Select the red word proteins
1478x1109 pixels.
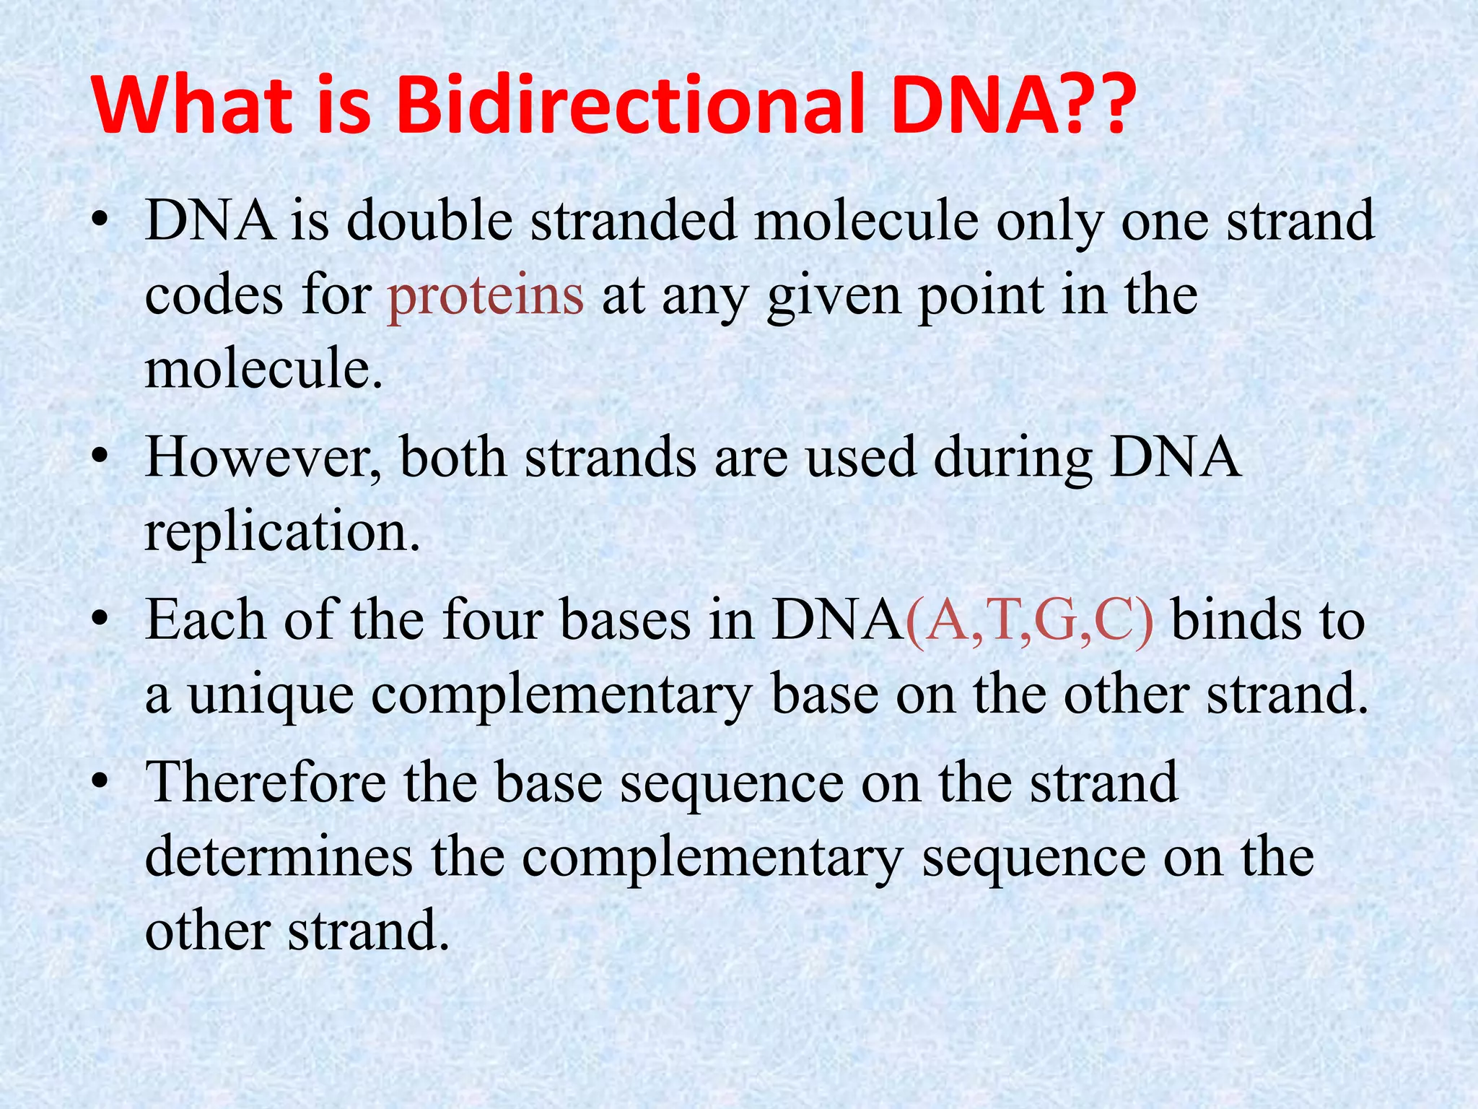pos(485,296)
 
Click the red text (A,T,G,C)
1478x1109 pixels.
pos(1028,621)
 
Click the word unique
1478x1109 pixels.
pos(271,696)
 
